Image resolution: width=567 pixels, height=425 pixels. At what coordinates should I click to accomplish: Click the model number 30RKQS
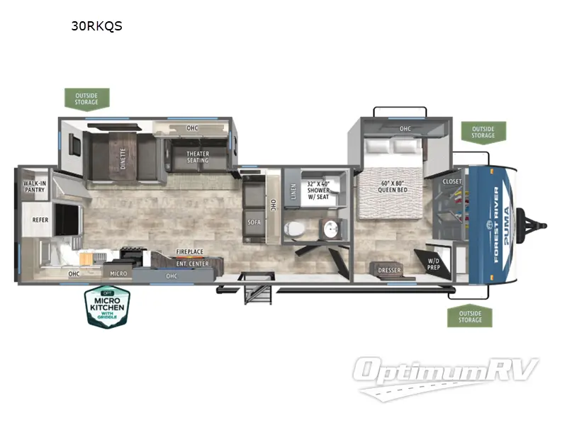(x=97, y=27)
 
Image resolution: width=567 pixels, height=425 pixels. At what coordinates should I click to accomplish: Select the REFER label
(x=40, y=220)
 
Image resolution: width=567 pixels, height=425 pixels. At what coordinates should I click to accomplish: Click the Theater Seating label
(x=198, y=157)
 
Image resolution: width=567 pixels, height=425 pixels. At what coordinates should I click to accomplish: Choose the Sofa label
(x=254, y=222)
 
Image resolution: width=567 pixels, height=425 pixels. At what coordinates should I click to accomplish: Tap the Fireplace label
(x=190, y=251)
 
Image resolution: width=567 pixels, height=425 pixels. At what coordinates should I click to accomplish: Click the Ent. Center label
(x=192, y=263)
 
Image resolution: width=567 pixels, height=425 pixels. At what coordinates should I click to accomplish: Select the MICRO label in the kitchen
(x=118, y=273)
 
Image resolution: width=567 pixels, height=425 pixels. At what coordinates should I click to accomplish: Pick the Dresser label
(x=389, y=270)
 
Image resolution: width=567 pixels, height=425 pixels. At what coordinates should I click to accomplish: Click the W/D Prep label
(x=433, y=264)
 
